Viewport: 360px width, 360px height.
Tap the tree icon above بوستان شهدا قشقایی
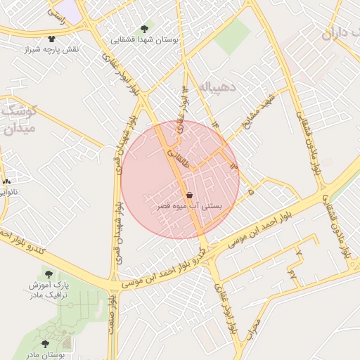[x=144, y=29]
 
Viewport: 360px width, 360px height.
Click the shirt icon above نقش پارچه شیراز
[x=51, y=39]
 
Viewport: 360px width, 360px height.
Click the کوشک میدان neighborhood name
[x=17, y=120]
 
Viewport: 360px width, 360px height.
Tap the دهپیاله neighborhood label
[x=220, y=87]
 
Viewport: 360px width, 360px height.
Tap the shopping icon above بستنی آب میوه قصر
[x=189, y=195]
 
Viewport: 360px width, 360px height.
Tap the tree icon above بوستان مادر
[x=46, y=344]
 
